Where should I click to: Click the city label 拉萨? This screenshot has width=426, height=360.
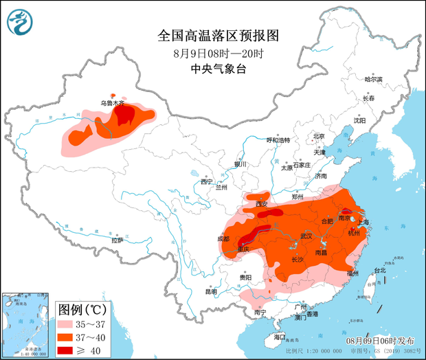point(117,240)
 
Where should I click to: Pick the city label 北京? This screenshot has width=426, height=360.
point(318,136)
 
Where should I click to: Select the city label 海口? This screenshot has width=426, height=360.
point(279,337)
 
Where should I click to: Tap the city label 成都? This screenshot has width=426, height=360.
point(224,238)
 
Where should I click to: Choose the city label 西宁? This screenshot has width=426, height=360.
point(207,181)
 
